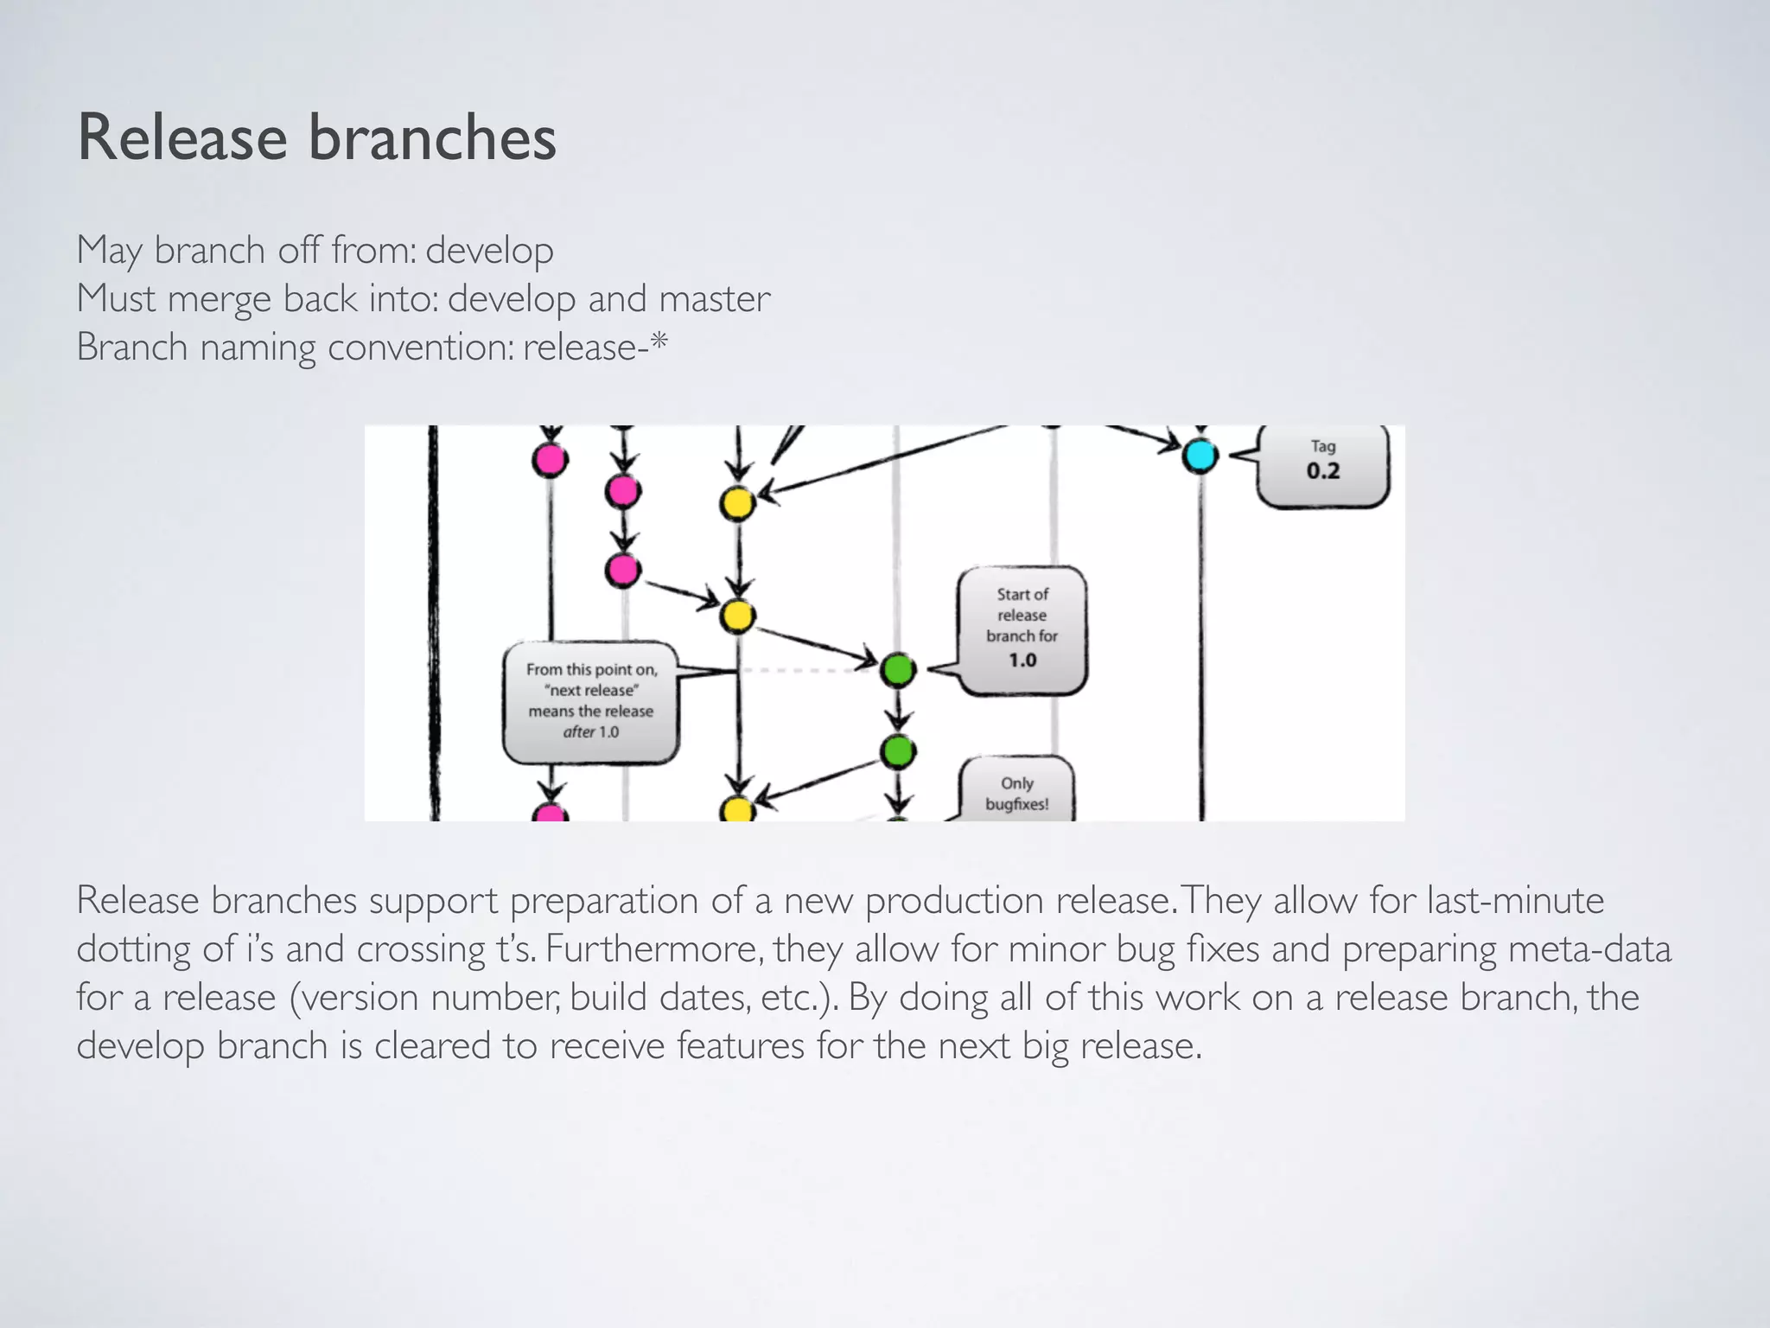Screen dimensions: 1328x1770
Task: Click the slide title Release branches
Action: point(316,138)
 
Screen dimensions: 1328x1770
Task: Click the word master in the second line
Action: point(714,299)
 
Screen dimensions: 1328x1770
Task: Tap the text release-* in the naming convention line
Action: point(595,348)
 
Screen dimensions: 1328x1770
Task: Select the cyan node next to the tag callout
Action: point(1200,456)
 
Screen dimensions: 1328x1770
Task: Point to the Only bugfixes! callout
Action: point(1017,792)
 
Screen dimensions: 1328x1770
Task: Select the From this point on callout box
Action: point(591,701)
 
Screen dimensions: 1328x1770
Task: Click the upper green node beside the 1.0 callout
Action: point(898,670)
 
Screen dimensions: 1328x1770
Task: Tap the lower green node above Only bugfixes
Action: point(898,751)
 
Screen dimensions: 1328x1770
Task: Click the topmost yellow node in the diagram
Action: point(737,504)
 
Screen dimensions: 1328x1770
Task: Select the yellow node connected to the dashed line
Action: point(737,616)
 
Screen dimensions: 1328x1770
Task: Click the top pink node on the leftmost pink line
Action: point(551,460)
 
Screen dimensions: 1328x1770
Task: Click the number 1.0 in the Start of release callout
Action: point(1022,661)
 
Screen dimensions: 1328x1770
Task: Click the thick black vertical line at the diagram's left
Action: point(433,622)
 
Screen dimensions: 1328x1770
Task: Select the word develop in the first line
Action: point(489,251)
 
